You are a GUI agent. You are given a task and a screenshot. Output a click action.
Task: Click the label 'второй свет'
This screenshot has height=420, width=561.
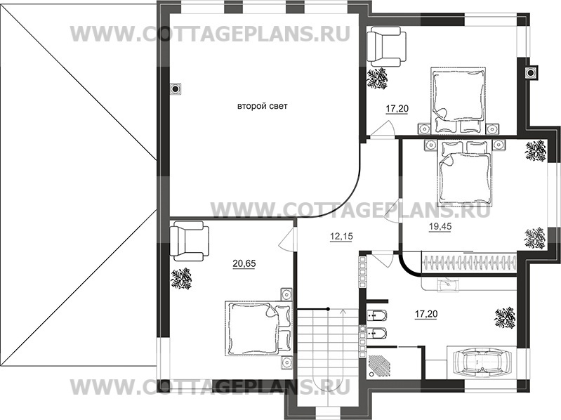click(262, 107)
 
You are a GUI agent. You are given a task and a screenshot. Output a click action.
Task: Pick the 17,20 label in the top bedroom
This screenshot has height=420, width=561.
click(397, 109)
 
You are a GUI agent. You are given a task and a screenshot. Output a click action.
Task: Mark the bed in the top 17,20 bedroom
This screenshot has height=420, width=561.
click(458, 98)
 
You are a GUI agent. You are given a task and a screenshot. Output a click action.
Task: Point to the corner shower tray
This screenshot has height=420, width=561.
click(383, 365)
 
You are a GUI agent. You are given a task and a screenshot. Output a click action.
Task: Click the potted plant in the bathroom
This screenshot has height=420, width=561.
click(503, 317)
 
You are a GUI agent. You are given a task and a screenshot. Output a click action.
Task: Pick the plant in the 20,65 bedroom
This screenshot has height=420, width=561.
click(181, 278)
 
